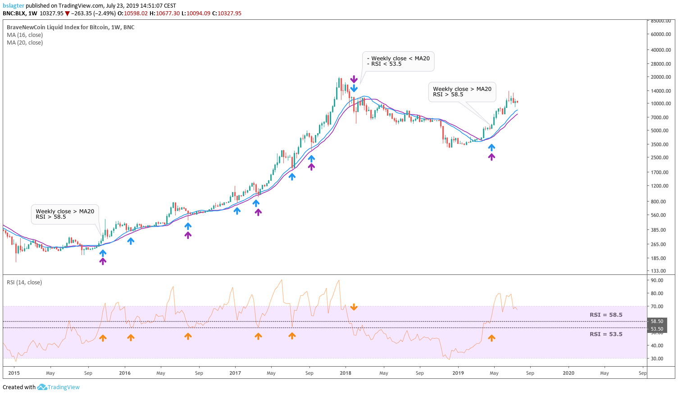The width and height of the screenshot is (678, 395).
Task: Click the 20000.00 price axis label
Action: pyautogui.click(x=661, y=77)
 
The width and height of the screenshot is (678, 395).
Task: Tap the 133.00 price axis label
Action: pyautogui.click(x=658, y=271)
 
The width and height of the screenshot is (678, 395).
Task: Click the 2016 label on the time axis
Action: pyautogui.click(x=125, y=373)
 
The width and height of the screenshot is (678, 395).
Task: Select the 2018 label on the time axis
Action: pyautogui.click(x=346, y=373)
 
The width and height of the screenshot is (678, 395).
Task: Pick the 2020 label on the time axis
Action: pyautogui.click(x=569, y=373)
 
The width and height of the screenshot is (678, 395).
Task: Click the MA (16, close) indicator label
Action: pyautogui.click(x=25, y=35)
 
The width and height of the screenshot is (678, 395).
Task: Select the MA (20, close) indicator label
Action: pyautogui.click(x=25, y=43)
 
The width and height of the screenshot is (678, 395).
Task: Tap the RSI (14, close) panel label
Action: pyautogui.click(x=24, y=283)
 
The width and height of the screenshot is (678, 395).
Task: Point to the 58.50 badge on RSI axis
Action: pyautogui.click(x=657, y=321)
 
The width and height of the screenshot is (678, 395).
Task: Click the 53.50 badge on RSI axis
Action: pyautogui.click(x=657, y=329)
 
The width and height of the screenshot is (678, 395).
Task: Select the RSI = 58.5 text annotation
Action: pyautogui.click(x=606, y=315)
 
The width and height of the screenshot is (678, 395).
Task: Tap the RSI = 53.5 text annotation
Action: pyautogui.click(x=606, y=334)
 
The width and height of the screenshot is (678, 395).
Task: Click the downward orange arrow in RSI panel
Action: pyautogui.click(x=354, y=307)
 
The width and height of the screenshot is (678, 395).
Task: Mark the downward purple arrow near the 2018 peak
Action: pyautogui.click(x=354, y=79)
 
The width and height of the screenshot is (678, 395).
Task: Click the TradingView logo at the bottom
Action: pyautogui.click(x=59, y=387)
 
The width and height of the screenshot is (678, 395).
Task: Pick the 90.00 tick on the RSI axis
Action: pyautogui.click(x=657, y=280)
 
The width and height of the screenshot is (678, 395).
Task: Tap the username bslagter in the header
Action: pyautogui.click(x=14, y=6)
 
